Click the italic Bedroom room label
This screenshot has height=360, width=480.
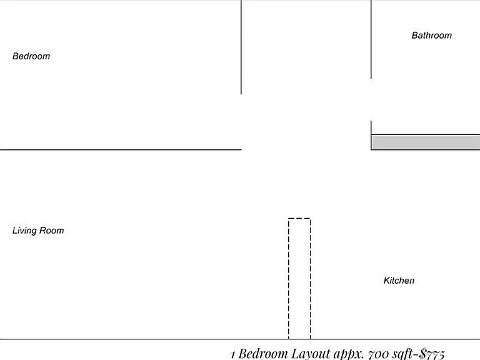click(x=31, y=56)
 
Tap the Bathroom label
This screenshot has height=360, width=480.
click(x=432, y=36)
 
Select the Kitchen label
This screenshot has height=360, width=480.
click(x=399, y=281)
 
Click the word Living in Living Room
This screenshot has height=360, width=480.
click(x=24, y=231)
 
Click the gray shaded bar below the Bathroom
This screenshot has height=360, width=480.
click(x=426, y=142)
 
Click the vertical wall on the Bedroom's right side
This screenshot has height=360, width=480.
click(x=241, y=47)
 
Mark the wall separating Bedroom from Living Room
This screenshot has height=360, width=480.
click(x=121, y=150)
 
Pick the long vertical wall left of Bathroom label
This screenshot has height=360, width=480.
click(x=371, y=39)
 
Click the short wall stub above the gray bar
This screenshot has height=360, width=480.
click(x=371, y=127)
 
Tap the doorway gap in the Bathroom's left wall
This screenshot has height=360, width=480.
click(x=371, y=100)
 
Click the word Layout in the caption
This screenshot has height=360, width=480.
click(x=311, y=354)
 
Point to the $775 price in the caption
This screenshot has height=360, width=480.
click(x=432, y=354)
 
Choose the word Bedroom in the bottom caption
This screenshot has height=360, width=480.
click(x=263, y=354)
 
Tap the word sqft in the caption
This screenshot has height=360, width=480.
click(x=402, y=354)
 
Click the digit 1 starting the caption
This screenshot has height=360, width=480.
click(x=233, y=355)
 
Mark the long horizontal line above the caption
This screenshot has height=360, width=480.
click(x=240, y=339)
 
